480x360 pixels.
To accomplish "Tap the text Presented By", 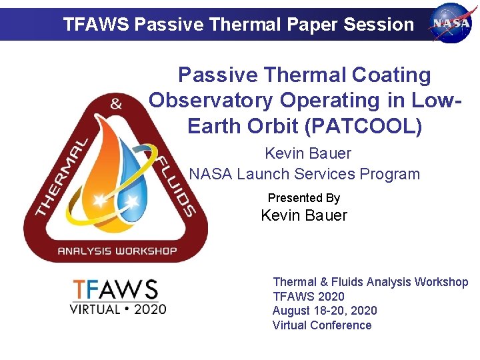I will click(303, 198).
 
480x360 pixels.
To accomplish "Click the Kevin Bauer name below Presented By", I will click(303, 215).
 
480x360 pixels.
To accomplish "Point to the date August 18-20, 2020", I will click(324, 311).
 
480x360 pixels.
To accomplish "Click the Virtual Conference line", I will click(321, 325).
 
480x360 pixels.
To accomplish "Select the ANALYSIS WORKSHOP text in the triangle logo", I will click(117, 251).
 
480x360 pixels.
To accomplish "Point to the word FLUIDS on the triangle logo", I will click(176, 187).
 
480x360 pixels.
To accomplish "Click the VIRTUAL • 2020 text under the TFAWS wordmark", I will click(119, 309).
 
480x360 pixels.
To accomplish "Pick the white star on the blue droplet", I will click(133, 200).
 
